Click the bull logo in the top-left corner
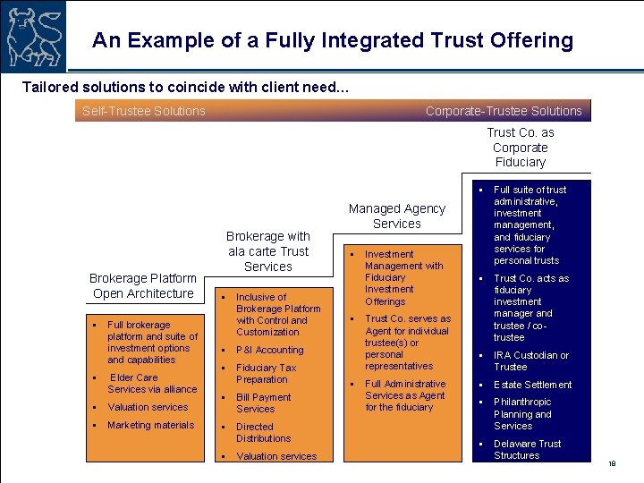tap(33, 35)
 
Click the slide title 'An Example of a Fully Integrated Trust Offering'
tap(333, 40)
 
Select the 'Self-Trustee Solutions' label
tap(143, 111)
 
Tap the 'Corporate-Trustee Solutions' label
tap(504, 111)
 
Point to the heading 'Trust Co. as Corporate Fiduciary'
tap(521, 148)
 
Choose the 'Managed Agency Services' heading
tap(396, 216)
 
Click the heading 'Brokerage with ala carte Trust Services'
tap(267, 251)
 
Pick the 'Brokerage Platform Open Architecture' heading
tap(143, 286)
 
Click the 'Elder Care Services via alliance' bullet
tap(151, 383)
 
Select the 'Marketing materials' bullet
tap(150, 425)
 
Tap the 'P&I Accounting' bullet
tap(269, 350)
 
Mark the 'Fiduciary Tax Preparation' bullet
tap(266, 373)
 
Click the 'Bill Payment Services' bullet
tap(263, 402)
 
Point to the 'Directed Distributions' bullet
tap(263, 432)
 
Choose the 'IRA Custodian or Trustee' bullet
tap(531, 360)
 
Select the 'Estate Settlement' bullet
tap(532, 385)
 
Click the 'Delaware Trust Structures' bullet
tap(528, 449)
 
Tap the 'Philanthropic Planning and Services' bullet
tap(523, 414)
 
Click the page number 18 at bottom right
tap(613, 463)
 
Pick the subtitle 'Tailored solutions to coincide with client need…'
tap(185, 88)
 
